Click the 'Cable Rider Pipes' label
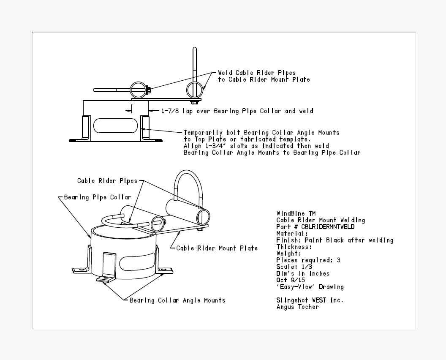107,181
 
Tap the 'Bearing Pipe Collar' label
98,197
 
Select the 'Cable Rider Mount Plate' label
217,248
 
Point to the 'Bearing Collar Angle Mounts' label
177,300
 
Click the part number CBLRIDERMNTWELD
328,227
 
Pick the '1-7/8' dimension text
170,111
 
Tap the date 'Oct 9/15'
291,280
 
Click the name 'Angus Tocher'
297,307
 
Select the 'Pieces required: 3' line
308,260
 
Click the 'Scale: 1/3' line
294,267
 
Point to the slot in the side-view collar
115,125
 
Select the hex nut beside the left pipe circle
149,90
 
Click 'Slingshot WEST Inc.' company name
310,300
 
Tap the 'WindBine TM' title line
296,213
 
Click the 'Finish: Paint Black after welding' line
335,240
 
